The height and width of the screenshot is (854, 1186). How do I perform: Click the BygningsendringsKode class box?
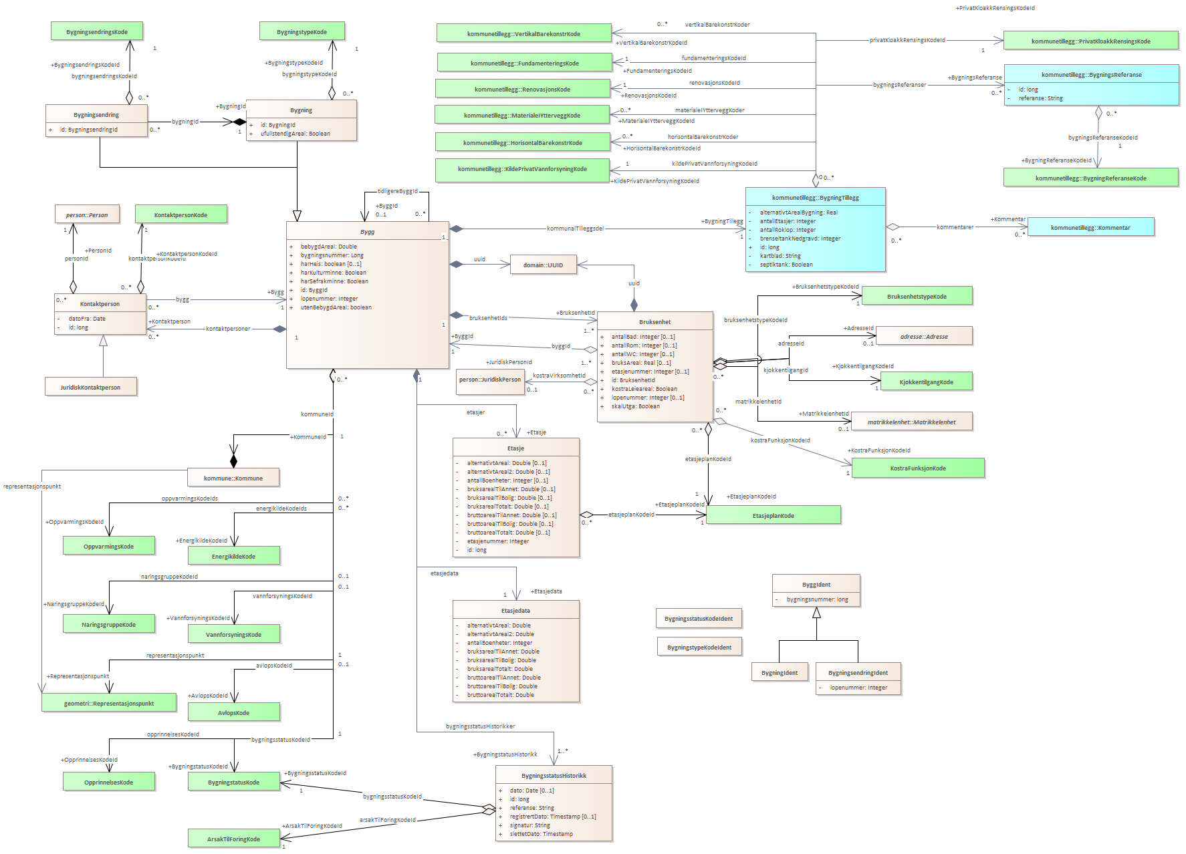coord(97,32)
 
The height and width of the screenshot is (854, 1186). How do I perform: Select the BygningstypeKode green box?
coord(302,32)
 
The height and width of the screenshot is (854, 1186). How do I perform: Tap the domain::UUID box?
coord(543,265)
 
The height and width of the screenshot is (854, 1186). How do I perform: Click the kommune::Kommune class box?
coord(233,478)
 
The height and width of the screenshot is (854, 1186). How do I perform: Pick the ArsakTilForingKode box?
coord(233,839)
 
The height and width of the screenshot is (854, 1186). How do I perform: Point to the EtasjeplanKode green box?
coord(774,516)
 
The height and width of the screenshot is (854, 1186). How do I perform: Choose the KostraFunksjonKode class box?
coord(918,468)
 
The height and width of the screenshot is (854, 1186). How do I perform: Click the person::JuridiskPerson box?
coord(490,380)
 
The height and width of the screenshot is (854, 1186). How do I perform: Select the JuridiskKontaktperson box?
coord(90,388)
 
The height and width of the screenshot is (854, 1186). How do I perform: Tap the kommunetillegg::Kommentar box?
coord(1090,228)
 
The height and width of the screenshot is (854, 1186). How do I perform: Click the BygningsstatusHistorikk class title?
coord(554,776)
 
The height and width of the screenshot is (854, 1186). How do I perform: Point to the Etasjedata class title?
coord(515,611)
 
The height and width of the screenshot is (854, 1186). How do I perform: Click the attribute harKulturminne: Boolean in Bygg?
coord(333,273)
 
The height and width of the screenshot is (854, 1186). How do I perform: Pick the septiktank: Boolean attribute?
coord(786,265)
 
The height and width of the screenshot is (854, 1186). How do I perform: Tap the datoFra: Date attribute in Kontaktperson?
coord(87,319)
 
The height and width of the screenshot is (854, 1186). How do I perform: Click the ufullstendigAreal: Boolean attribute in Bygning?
coord(295,134)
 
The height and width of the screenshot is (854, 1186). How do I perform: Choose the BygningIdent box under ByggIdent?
coord(780,673)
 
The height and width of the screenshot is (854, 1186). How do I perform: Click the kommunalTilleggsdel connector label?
coord(575,229)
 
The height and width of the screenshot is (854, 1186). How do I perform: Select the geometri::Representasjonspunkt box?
coord(109,704)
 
